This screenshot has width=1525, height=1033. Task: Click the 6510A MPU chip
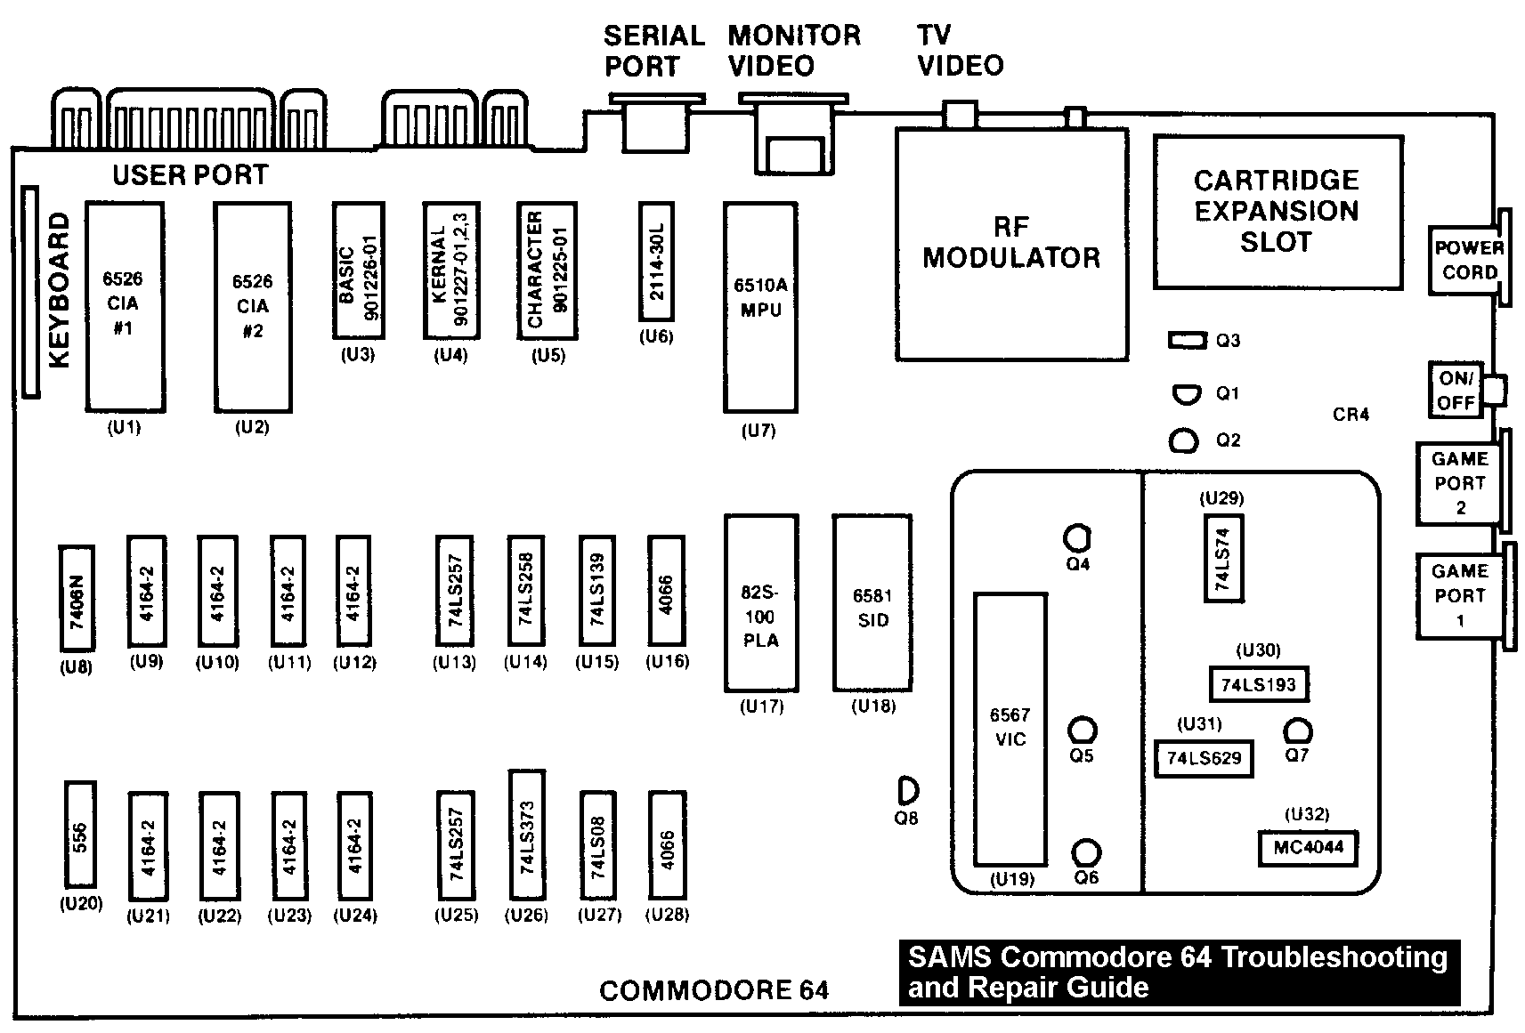pyautogui.click(x=759, y=307)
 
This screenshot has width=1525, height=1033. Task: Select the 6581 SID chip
pyautogui.click(x=872, y=602)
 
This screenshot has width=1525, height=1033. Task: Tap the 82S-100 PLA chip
pyautogui.click(x=760, y=602)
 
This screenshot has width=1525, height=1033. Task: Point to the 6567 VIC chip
pyautogui.click(x=1010, y=730)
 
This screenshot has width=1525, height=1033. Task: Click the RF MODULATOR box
pyautogui.click(x=1011, y=243)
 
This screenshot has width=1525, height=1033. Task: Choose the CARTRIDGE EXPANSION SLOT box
pyautogui.click(x=1277, y=212)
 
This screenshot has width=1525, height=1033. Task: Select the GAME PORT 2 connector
pyautogui.click(x=1459, y=483)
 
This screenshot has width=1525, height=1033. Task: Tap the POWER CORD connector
pyautogui.click(x=1468, y=259)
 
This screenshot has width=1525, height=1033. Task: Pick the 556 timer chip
pyautogui.click(x=80, y=834)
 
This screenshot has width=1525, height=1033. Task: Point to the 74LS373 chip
pyautogui.click(x=526, y=835)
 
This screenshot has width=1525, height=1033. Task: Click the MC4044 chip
pyautogui.click(x=1307, y=847)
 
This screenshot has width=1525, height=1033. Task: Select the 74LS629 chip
pyautogui.click(x=1204, y=759)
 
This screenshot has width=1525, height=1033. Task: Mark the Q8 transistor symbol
pyautogui.click(x=908, y=789)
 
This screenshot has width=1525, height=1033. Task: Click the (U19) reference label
pyautogui.click(x=1012, y=879)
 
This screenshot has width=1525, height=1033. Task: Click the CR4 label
pyautogui.click(x=1351, y=415)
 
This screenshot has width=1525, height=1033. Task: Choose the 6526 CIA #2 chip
pyautogui.click(x=253, y=307)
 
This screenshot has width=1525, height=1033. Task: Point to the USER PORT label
pyautogui.click(x=190, y=175)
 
